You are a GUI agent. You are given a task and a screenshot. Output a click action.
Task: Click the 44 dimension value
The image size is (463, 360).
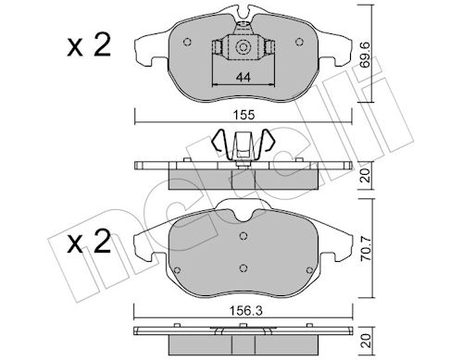click(x=243, y=77)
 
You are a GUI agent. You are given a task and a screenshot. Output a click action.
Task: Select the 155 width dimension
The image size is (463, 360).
click(x=244, y=115)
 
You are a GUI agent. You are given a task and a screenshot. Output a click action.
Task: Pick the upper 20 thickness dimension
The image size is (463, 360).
click(x=366, y=175)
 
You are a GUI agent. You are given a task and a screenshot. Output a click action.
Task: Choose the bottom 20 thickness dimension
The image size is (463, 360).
click(x=366, y=341)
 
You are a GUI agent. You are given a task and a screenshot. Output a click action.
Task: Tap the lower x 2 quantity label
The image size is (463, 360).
click(x=89, y=242)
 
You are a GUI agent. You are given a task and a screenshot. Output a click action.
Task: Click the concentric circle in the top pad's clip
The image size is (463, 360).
click(x=243, y=47)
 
